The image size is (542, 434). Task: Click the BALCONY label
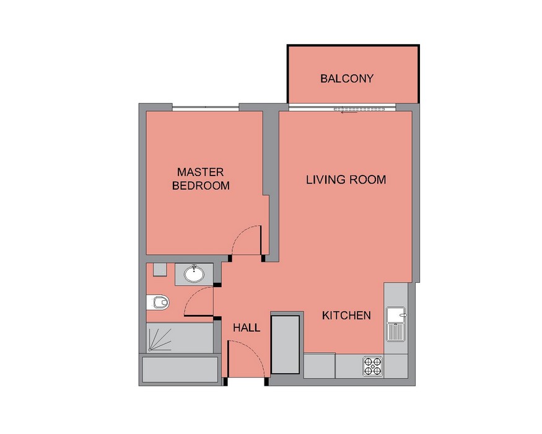pos(347,79)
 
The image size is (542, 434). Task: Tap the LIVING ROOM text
pos(346,180)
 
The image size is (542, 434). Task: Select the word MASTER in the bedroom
pos(201,172)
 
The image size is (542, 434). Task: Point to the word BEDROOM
pos(201,186)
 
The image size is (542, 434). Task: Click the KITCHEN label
pos(346,316)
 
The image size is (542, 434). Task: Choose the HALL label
pos(247,328)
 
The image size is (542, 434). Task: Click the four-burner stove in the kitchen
pos(373,366)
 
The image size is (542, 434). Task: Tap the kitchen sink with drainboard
pos(396,324)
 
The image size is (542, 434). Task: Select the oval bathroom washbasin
pos(194,274)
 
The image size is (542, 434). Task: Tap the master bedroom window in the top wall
pos(205,108)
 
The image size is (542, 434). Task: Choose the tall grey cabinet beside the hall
pos(285,344)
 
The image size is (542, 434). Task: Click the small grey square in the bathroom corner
pos(160,270)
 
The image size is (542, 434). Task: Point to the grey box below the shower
pos(180,370)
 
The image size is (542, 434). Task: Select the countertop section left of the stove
pos(320,366)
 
